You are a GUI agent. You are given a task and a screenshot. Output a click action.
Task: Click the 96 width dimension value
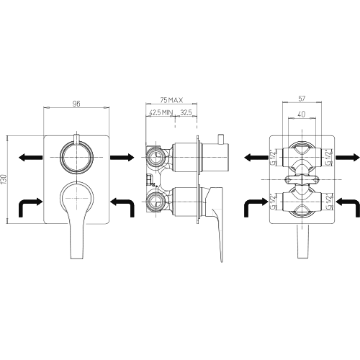pyautogui.click(x=76, y=104)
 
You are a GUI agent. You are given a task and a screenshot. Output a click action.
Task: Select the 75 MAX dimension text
pyautogui.click(x=171, y=100)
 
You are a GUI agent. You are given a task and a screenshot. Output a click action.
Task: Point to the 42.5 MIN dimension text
pyautogui.click(x=161, y=112)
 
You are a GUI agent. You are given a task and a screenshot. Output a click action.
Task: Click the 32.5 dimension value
pyautogui.click(x=186, y=112)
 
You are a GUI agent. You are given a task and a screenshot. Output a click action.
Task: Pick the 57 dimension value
pyautogui.click(x=302, y=99)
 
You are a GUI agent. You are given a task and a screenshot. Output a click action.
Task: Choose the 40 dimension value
pyautogui.click(x=302, y=114)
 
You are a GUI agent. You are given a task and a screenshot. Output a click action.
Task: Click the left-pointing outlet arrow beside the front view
pyautogui.click(x=30, y=158)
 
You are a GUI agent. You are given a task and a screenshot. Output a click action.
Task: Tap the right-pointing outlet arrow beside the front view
pyautogui.click(x=122, y=158)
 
